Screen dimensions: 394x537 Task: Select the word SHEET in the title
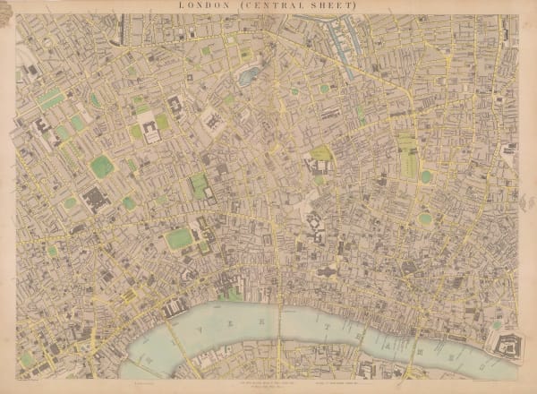pyautogui.click(x=332, y=5)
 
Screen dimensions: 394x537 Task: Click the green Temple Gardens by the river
pyautogui.click(x=234, y=292)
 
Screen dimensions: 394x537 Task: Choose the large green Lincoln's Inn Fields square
pyautogui.click(x=180, y=238)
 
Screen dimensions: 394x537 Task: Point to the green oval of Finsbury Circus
pyautogui.click(x=424, y=218)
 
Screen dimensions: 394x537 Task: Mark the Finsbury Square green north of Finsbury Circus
pyautogui.click(x=426, y=176)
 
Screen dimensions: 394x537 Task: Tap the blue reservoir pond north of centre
pyautogui.click(x=248, y=76)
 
